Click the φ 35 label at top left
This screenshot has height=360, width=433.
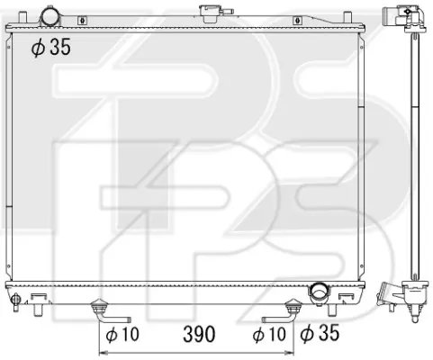pos(51,47)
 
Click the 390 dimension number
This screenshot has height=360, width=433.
pos(199,334)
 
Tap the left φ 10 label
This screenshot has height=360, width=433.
pos(122,334)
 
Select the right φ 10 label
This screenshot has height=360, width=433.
pos(269,334)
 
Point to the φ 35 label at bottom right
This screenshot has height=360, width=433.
pos(320,333)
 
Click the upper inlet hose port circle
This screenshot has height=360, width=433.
pos(51,16)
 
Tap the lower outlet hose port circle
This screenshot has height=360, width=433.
pos(319,292)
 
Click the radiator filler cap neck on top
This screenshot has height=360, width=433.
pos(209,13)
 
